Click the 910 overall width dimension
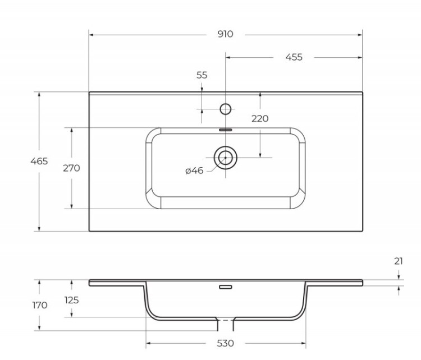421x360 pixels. (225, 34)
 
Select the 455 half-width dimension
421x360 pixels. (294, 57)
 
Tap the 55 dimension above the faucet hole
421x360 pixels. (202, 75)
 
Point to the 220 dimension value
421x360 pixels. (260, 118)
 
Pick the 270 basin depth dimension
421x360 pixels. (71, 168)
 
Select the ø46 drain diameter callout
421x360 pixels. (194, 170)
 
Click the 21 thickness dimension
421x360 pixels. (398, 261)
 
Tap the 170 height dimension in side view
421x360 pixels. (39, 306)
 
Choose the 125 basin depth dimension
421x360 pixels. (71, 300)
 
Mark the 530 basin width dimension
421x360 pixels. (225, 343)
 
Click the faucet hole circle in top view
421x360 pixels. (226, 109)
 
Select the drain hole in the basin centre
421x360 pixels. (226, 158)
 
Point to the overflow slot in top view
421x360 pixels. (226, 129)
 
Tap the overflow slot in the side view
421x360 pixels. (226, 288)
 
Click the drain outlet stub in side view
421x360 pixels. (226, 324)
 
